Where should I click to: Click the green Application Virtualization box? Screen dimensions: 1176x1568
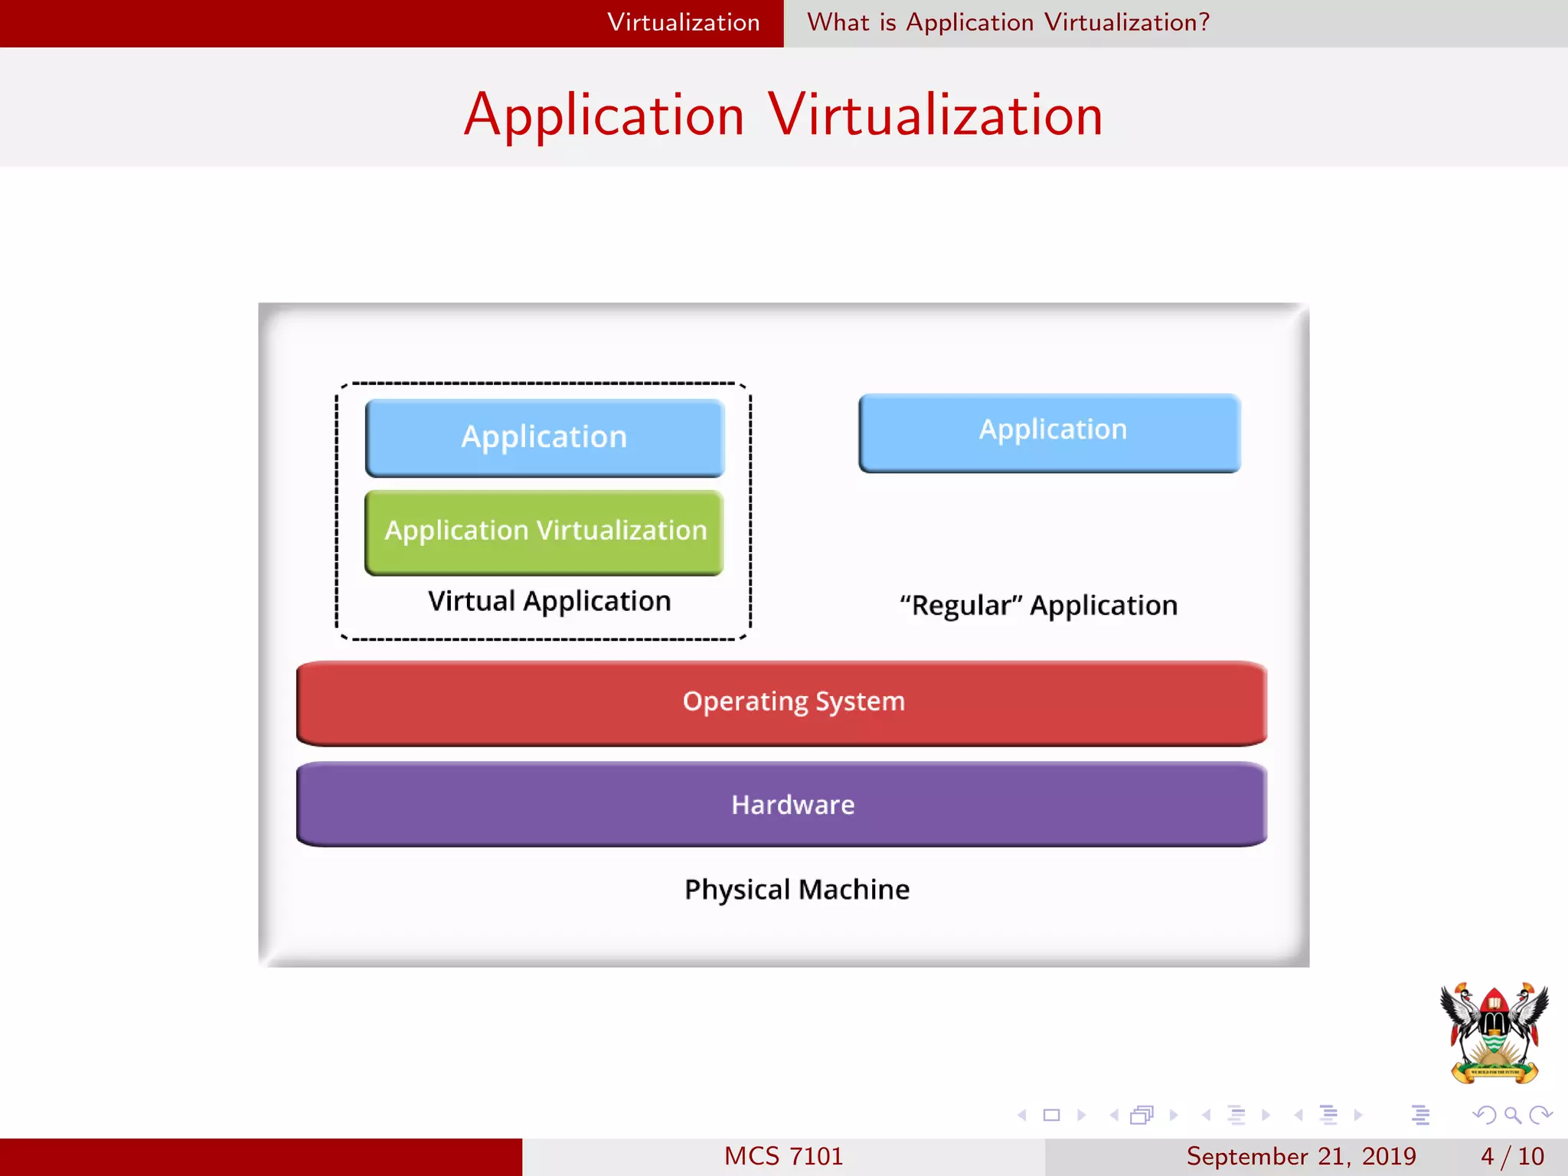544,532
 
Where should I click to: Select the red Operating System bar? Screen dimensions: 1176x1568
781,702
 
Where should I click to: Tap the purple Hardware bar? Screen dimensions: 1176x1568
781,805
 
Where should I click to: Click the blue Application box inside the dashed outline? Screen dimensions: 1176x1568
544,437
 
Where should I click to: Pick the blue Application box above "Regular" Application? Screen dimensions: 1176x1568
1050,432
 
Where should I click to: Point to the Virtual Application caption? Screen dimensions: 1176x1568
549,602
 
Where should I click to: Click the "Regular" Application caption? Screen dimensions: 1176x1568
1038,606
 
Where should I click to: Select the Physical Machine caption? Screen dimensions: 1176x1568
796,890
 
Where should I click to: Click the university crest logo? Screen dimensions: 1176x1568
1494,1032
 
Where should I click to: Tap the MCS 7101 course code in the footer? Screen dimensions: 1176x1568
783,1156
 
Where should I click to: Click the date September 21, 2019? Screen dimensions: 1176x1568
1301,1156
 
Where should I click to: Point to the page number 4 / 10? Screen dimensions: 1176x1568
1512,1156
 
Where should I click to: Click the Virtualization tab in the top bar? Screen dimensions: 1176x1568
683,23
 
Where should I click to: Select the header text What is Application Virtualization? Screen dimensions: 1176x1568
1008,23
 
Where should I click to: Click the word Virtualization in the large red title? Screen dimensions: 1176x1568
935,116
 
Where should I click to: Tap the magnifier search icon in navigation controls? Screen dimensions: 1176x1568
1512,1115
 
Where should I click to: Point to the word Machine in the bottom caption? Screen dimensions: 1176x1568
854,890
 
